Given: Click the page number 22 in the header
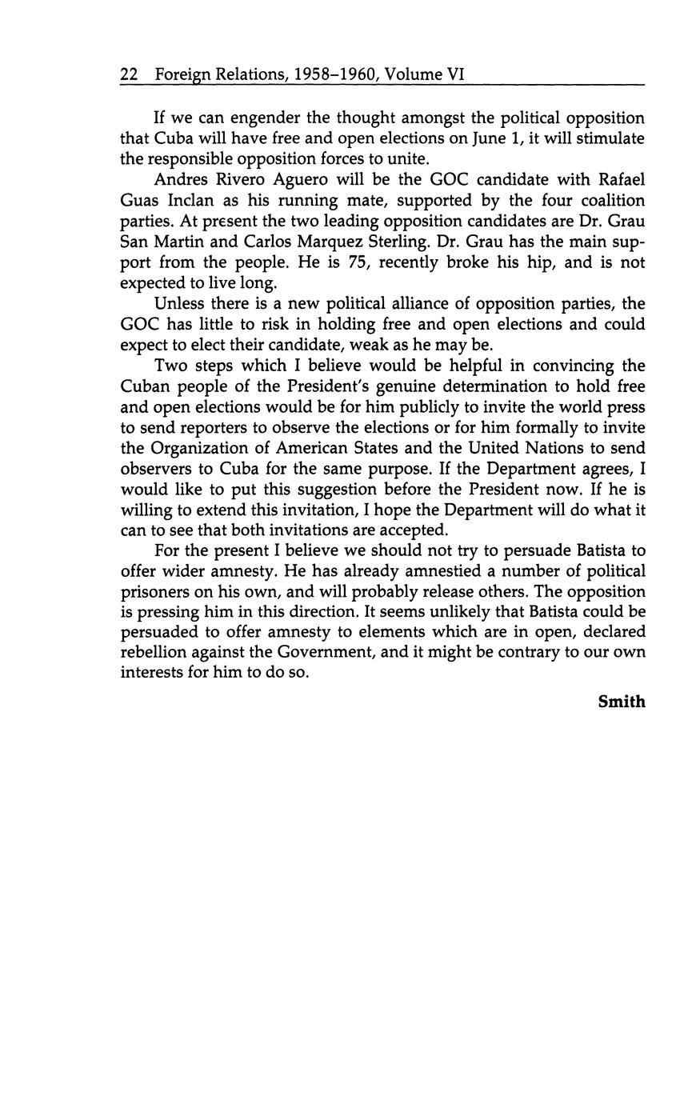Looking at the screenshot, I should [129, 74].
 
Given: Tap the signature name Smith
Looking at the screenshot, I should [621, 702].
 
